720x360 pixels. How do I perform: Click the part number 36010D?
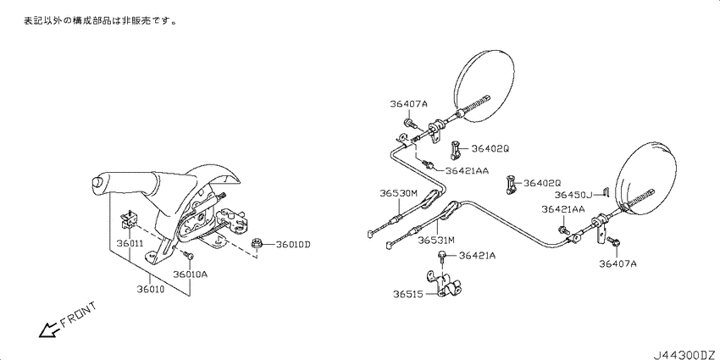tap(293, 244)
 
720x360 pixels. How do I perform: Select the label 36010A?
tap(191, 274)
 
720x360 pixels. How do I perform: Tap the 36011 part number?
tap(130, 243)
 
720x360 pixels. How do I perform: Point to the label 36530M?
tap(398, 193)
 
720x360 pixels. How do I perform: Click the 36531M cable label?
tap(436, 240)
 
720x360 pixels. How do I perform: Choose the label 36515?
tap(407, 293)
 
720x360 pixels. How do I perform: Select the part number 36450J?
tap(573, 195)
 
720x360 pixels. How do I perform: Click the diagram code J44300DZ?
tap(684, 354)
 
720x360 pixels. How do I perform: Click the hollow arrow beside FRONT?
tap(49, 330)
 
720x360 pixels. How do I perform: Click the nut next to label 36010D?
tap(257, 245)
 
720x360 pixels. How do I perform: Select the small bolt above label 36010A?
tap(188, 255)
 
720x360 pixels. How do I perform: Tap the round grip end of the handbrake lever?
tap(98, 182)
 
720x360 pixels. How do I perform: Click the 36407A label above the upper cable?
tap(408, 104)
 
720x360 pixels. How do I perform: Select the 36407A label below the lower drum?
tap(618, 263)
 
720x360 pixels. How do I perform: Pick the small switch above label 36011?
tap(129, 219)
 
